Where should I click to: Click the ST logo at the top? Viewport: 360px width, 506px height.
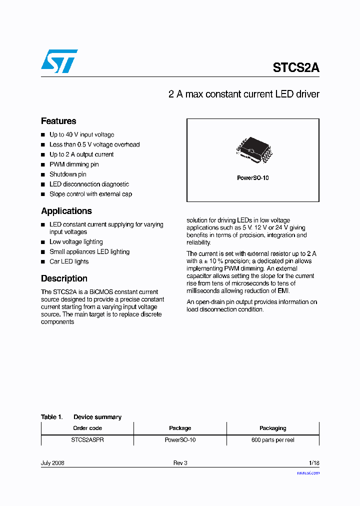pos(59,61)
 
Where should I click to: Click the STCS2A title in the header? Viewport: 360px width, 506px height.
pos(295,68)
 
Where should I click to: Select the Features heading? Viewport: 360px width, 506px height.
pos(58,121)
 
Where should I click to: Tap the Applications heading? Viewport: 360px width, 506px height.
pos(66,211)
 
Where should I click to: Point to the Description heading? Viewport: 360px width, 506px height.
pos(64,278)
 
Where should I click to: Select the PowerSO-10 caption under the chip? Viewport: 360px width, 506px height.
pos(252,178)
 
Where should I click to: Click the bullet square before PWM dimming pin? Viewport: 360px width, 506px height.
pos(43,164)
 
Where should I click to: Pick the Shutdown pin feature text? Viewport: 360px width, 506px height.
pos(67,174)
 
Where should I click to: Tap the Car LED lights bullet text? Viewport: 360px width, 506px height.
pos(69,261)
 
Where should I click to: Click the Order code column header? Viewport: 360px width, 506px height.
pos(87,428)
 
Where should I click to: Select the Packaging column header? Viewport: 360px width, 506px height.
pos(272,428)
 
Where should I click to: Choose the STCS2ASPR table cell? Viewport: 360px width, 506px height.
pos(87,440)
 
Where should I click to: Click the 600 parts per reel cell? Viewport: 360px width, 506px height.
pos(272,440)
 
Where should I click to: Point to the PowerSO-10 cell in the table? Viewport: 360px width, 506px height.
pos(180,440)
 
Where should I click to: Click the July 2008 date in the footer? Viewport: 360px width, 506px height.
pos(52,463)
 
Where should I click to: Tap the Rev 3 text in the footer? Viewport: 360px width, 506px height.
pos(180,463)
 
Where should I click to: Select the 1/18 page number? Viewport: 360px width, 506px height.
pos(314,463)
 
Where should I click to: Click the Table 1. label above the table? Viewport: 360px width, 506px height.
pos(51,417)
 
